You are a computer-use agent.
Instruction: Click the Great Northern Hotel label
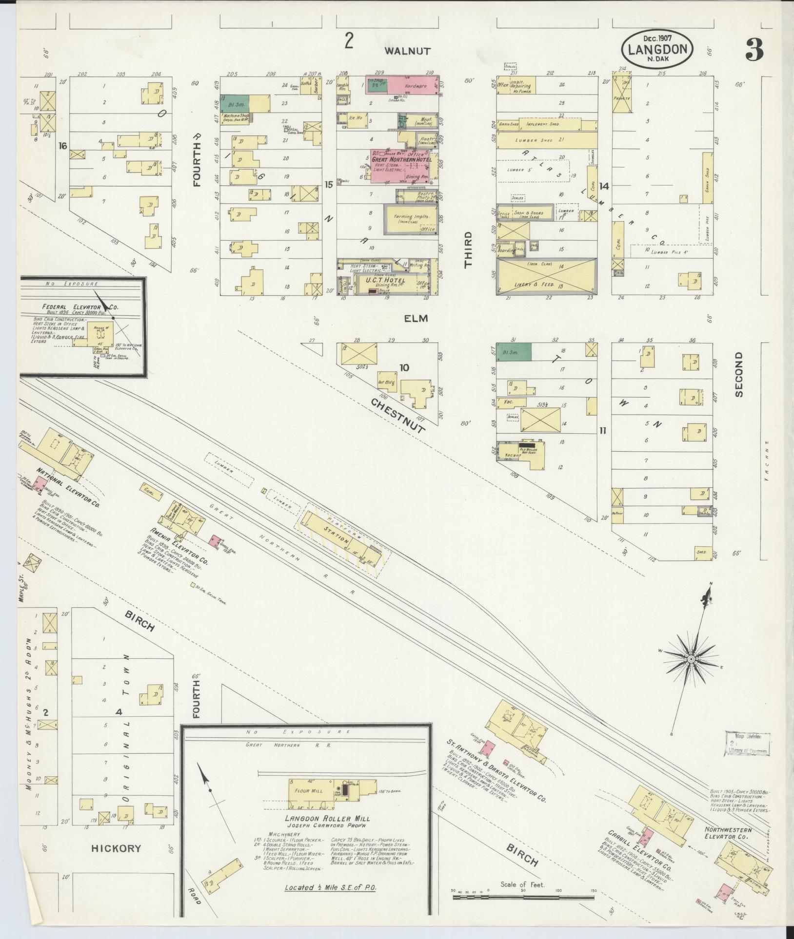pos(401,159)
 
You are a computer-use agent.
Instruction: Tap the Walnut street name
pos(407,51)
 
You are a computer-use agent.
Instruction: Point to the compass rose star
pos(691,659)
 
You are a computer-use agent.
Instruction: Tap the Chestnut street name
pos(397,415)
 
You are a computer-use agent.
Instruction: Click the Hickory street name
pos(116,848)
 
